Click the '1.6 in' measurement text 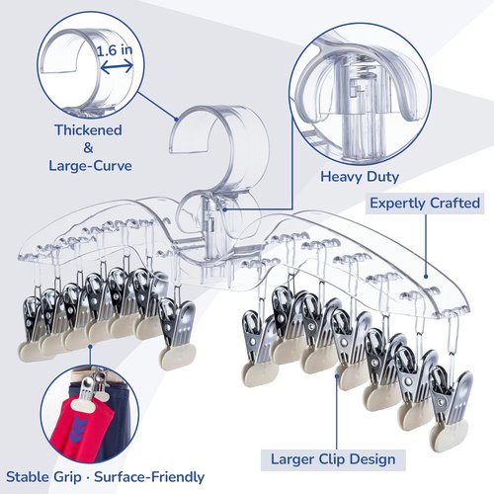tap(115, 50)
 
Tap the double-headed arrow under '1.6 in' tap(117, 67)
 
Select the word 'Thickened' tap(88, 130)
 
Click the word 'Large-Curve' tap(90, 165)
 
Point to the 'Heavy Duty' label tap(360, 177)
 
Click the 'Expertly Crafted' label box tap(425, 204)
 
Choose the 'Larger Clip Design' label tap(333, 459)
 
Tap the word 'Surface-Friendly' tap(149, 477)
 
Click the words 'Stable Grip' tap(43, 477)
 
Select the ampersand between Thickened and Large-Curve tap(88, 148)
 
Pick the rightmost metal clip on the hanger tap(452, 405)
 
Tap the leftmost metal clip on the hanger tap(33, 326)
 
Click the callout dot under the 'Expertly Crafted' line tap(425, 277)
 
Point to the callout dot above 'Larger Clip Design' tap(337, 375)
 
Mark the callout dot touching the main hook tap(177, 120)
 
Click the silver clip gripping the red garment tap(88, 390)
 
